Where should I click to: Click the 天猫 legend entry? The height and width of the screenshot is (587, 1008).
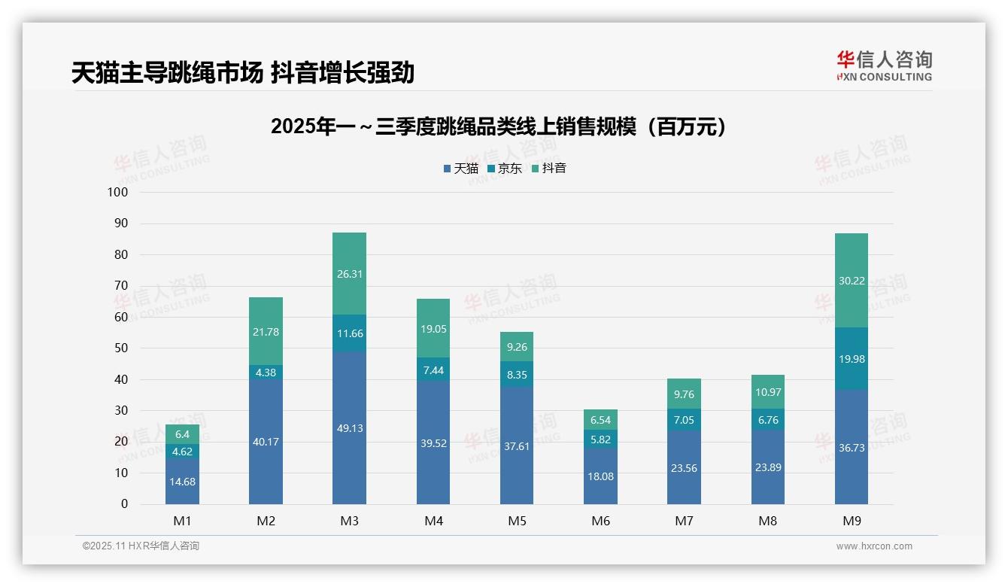click(x=460, y=169)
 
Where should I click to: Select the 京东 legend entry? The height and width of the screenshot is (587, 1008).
click(x=505, y=169)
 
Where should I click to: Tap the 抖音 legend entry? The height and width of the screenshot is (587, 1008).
click(x=549, y=169)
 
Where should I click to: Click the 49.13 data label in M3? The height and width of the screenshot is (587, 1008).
click(x=349, y=428)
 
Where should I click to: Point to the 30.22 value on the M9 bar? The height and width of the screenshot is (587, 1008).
click(x=851, y=281)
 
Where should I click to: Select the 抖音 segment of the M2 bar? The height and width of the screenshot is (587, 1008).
click(x=266, y=331)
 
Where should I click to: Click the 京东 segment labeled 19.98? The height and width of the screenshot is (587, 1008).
click(x=851, y=359)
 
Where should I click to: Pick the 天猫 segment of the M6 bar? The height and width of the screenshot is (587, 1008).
click(x=600, y=476)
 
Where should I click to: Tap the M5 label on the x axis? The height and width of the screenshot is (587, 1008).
click(x=517, y=521)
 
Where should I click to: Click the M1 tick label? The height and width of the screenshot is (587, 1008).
click(x=182, y=521)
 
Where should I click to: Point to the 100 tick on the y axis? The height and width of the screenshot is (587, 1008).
click(x=118, y=192)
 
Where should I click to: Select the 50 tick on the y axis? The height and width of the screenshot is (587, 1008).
click(x=120, y=348)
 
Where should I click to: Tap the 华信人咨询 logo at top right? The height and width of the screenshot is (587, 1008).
click(x=884, y=65)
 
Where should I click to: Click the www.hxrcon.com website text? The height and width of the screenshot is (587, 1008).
click(x=874, y=546)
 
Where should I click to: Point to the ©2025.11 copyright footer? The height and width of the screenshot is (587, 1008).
click(x=141, y=546)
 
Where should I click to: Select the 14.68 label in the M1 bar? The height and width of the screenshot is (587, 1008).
click(x=182, y=482)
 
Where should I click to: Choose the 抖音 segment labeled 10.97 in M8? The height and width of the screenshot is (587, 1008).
click(x=767, y=392)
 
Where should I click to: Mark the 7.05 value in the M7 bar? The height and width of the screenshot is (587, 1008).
click(x=684, y=420)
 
